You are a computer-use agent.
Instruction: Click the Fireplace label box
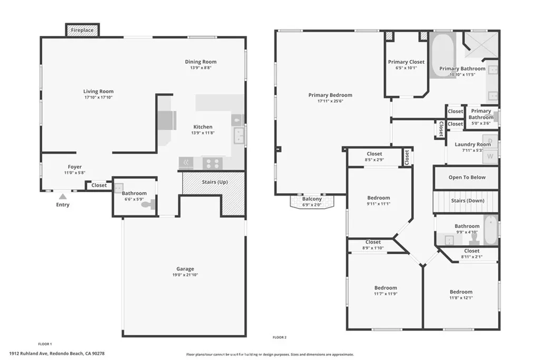tap(82, 31)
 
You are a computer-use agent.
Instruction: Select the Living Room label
tap(99, 92)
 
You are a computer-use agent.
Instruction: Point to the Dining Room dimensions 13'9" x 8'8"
tap(200, 68)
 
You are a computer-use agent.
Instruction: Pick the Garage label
tap(185, 269)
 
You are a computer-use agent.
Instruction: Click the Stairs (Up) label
tap(215, 182)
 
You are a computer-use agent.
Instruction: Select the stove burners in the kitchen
tap(213, 163)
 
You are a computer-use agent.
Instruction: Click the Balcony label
tap(312, 199)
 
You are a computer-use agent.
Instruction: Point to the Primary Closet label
tap(406, 62)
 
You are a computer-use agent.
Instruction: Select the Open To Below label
tap(467, 178)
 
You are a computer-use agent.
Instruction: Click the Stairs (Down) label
tap(468, 201)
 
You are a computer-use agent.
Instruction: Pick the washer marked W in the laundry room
tap(490, 156)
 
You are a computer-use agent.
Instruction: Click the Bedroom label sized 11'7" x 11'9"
tap(385, 288)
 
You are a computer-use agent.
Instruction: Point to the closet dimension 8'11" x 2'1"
tap(471, 257)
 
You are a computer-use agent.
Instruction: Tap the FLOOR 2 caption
tap(279, 337)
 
